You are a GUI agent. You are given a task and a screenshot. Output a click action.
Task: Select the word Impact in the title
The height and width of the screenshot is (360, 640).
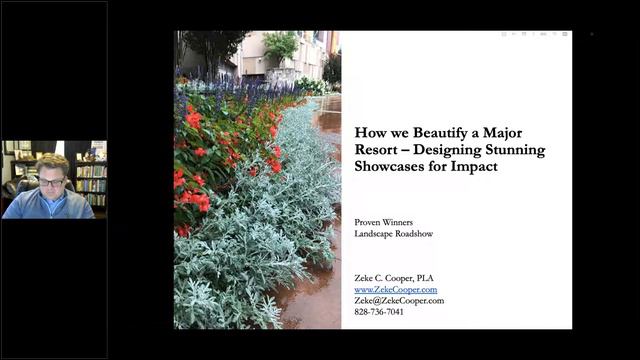pyautogui.click(x=475, y=167)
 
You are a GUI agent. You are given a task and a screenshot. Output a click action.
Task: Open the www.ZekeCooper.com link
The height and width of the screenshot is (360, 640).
pyautogui.click(x=395, y=289)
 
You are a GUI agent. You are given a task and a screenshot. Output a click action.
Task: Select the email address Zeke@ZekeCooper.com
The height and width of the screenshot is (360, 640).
pyautogui.click(x=399, y=300)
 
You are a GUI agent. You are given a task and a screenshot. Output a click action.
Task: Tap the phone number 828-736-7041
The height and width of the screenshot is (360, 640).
pyautogui.click(x=379, y=311)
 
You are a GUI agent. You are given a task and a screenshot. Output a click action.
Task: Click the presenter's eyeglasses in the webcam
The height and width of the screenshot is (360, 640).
pyautogui.click(x=53, y=181)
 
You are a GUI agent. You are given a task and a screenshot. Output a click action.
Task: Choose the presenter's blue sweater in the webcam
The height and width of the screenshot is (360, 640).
pyautogui.click(x=50, y=206)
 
